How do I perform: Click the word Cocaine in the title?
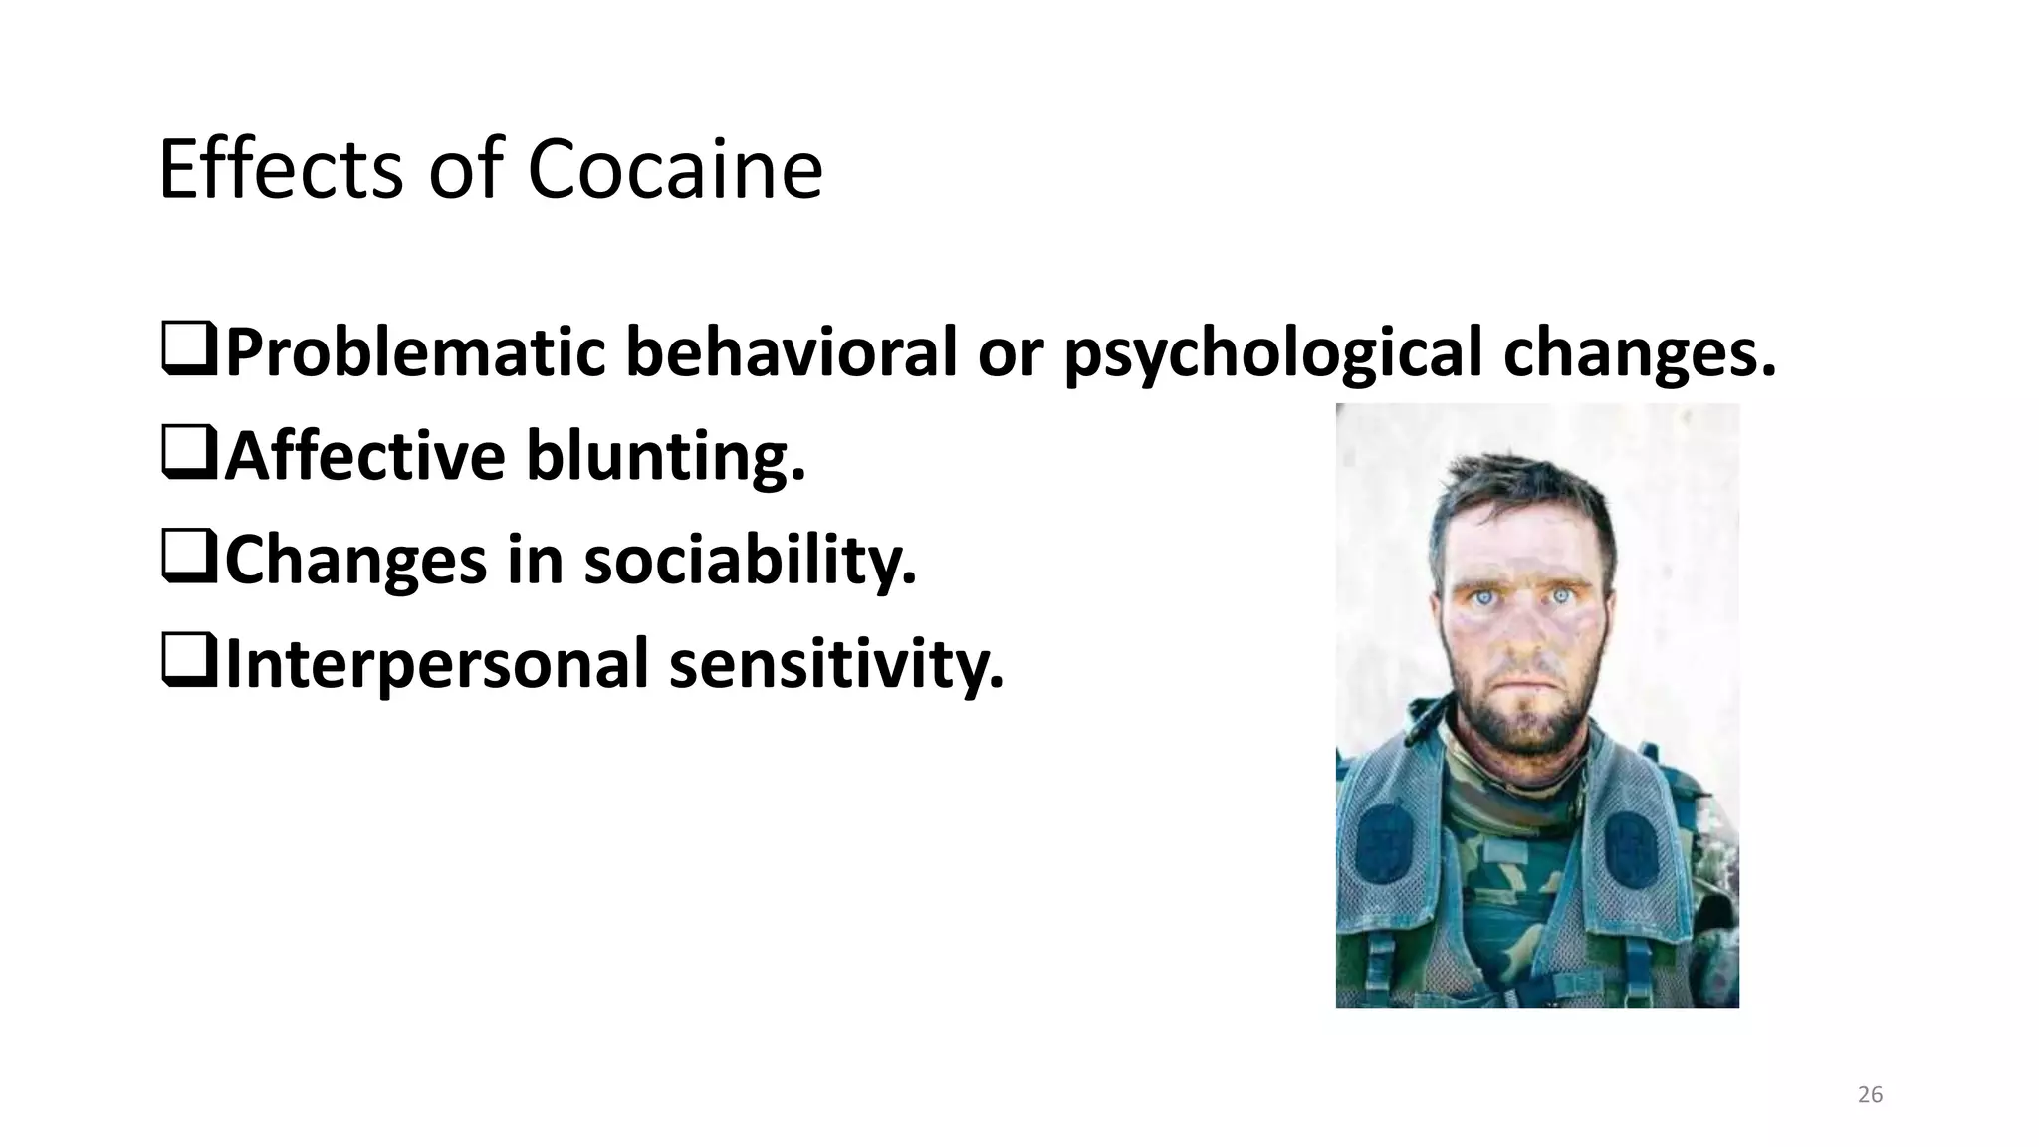click(x=674, y=170)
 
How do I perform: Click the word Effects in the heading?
click(x=280, y=170)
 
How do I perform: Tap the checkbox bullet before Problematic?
click(x=188, y=352)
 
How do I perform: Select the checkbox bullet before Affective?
click(x=188, y=457)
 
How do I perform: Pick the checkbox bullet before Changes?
click(x=188, y=562)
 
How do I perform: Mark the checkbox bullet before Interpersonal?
click(x=188, y=666)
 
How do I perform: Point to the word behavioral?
click(x=791, y=352)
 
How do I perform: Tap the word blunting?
click(x=664, y=457)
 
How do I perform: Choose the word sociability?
click(x=750, y=562)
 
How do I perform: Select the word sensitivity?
click(x=836, y=666)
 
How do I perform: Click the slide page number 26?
click(x=1870, y=1095)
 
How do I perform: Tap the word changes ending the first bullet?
click(x=1639, y=354)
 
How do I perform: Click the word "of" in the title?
click(x=466, y=170)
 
